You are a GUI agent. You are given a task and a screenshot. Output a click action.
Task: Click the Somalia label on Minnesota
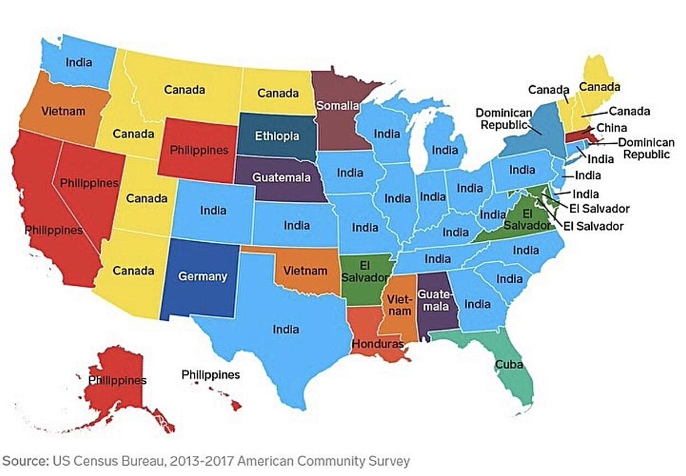click(338, 105)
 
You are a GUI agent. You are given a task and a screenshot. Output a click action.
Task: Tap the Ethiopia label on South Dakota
click(277, 137)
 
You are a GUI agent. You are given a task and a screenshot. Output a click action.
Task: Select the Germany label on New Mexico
click(202, 277)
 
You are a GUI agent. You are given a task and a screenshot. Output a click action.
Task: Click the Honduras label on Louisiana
click(378, 344)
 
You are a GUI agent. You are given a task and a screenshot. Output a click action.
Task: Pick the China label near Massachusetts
click(612, 127)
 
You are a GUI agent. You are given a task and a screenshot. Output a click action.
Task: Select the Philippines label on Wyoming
click(200, 150)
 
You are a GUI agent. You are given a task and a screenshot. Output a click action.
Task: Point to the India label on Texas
click(285, 329)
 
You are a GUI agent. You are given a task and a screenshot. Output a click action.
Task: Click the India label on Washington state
click(78, 62)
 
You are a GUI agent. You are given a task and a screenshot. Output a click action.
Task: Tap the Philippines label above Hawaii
click(210, 375)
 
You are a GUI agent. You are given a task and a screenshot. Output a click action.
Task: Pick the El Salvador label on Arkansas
click(361, 271)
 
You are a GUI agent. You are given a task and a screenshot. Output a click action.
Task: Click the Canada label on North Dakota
click(278, 93)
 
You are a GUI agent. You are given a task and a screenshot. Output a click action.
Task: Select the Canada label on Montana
click(185, 90)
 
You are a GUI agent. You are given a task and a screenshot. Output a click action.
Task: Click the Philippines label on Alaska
click(117, 379)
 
